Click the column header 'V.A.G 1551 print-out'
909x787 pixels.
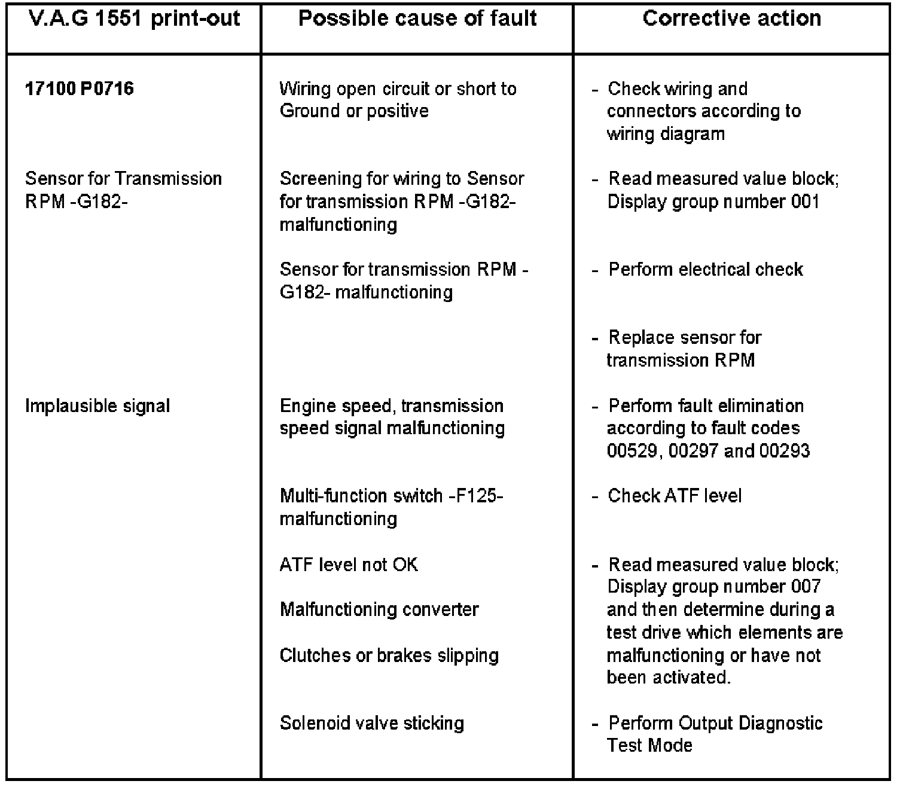134,19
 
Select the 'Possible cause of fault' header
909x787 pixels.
417,19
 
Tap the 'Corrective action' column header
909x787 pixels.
731,19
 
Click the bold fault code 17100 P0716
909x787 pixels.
80,89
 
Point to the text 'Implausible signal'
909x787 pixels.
97,406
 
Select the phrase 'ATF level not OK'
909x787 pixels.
349,565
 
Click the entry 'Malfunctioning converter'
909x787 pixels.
379,609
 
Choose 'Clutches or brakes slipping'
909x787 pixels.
389,655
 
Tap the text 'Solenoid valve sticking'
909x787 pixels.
371,723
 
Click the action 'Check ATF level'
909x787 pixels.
675,496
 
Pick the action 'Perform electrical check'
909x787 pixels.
706,269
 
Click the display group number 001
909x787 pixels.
804,202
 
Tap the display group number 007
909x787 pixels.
805,586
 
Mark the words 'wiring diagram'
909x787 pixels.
666,133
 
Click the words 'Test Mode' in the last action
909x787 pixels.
649,745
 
